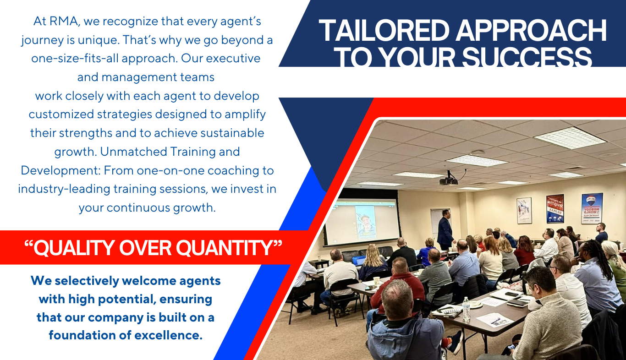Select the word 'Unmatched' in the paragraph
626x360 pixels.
pyautogui.click(x=133, y=152)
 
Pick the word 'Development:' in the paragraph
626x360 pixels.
pyautogui.click(x=60, y=171)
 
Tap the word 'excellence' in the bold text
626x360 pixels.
pyautogui.click(x=167, y=335)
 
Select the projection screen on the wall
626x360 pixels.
pyautogui.click(x=362, y=222)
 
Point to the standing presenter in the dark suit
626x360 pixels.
pyautogui.click(x=445, y=229)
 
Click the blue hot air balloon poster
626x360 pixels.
pyautogui.click(x=592, y=208)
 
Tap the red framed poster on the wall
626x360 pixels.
pyautogui.click(x=555, y=209)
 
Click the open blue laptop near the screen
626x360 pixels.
pyautogui.click(x=359, y=260)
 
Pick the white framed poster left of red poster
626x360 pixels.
pyautogui.click(x=524, y=211)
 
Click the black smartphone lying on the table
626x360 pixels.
pyautogui.click(x=511, y=294)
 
